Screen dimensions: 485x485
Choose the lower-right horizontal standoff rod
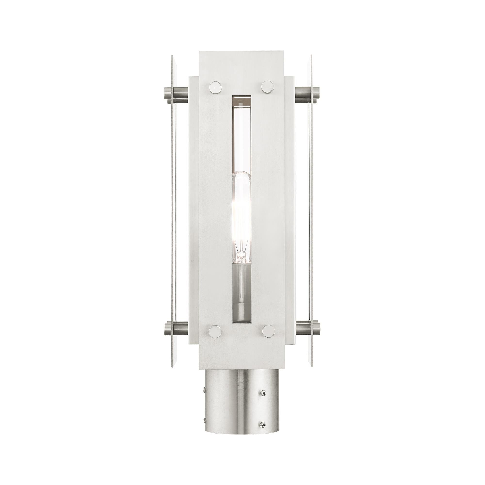307,329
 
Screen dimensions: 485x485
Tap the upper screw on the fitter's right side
263,385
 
